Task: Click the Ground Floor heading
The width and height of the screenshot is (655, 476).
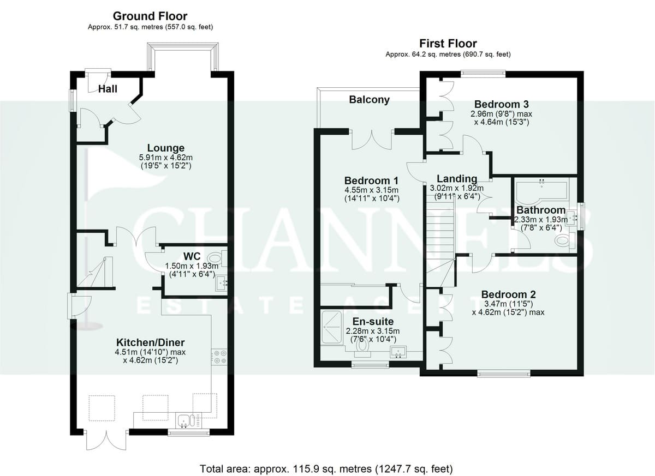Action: pos(150,16)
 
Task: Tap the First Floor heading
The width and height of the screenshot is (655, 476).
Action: pos(448,44)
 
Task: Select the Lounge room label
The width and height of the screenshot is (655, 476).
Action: pos(166,148)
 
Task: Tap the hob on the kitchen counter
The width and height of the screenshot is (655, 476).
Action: pos(219,357)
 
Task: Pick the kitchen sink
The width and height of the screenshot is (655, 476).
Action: pos(189,421)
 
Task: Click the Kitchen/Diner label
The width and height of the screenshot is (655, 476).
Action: pos(151,342)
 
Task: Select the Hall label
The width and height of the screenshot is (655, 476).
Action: pos(108,89)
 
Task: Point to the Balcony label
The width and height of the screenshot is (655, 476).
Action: pos(370,100)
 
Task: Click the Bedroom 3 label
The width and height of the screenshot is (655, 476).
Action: pos(502,104)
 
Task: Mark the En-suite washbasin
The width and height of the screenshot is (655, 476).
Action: pos(398,352)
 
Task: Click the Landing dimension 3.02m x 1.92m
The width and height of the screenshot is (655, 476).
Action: pos(456,188)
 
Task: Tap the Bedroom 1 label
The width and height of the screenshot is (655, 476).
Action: pos(371,180)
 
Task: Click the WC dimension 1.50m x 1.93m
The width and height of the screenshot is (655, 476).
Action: pos(192,266)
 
